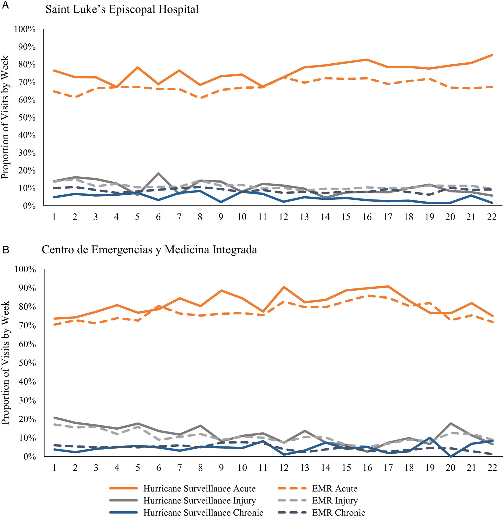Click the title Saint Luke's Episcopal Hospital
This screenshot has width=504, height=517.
pyautogui.click(x=122, y=9)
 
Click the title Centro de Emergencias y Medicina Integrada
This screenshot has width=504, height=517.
pyautogui.click(x=149, y=250)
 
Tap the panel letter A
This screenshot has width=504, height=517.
pyautogui.click(x=5, y=5)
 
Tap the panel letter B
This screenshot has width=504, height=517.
pyautogui.click(x=6, y=250)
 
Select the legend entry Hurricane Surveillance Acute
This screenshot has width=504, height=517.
pyautogui.click(x=199, y=489)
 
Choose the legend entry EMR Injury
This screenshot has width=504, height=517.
pyautogui.click(x=335, y=501)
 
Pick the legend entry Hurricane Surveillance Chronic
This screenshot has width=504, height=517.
pyautogui.click(x=203, y=513)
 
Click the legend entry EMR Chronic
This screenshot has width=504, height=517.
pyautogui.click(x=339, y=513)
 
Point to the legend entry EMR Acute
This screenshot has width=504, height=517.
pyautogui.click(x=335, y=489)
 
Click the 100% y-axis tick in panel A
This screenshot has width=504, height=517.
pyautogui.click(x=25, y=29)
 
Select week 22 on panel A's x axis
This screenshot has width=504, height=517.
pyautogui.click(x=492, y=217)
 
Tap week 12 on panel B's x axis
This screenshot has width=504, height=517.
pyautogui.click(x=284, y=468)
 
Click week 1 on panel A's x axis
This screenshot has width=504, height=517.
pyautogui.click(x=54, y=217)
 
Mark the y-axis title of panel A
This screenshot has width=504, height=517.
pyautogui.click(x=5, y=117)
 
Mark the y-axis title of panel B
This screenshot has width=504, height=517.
pyautogui.click(x=5, y=363)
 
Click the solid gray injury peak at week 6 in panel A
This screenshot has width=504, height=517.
pyautogui.click(x=158, y=173)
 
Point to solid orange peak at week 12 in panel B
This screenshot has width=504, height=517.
pyautogui.click(x=284, y=287)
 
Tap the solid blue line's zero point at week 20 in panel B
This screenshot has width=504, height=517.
pyautogui.click(x=450, y=456)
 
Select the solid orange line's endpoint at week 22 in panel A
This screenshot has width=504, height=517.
pyautogui.click(x=492, y=55)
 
